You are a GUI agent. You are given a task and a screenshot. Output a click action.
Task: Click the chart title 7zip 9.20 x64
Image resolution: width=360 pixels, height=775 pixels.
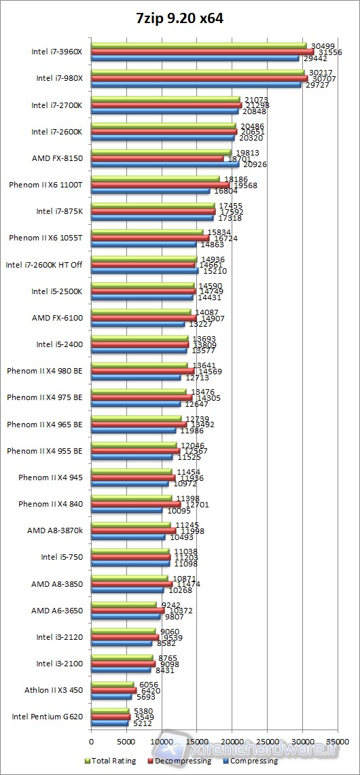coord(179,19)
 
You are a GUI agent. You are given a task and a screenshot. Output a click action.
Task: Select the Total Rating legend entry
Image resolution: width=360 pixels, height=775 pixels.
coord(113,761)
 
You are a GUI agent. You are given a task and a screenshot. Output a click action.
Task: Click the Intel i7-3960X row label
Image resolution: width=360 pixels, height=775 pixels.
coord(56,52)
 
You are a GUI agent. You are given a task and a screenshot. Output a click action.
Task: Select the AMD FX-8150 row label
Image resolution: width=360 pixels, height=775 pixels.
coord(57,158)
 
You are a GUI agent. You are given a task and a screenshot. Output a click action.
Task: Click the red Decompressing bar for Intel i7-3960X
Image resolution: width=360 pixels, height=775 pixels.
coord(202,52)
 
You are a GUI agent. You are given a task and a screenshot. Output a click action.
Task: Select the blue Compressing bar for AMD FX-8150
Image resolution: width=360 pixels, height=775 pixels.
coord(164,164)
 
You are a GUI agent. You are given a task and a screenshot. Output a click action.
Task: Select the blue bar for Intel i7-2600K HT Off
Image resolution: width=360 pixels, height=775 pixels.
coord(144,270)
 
